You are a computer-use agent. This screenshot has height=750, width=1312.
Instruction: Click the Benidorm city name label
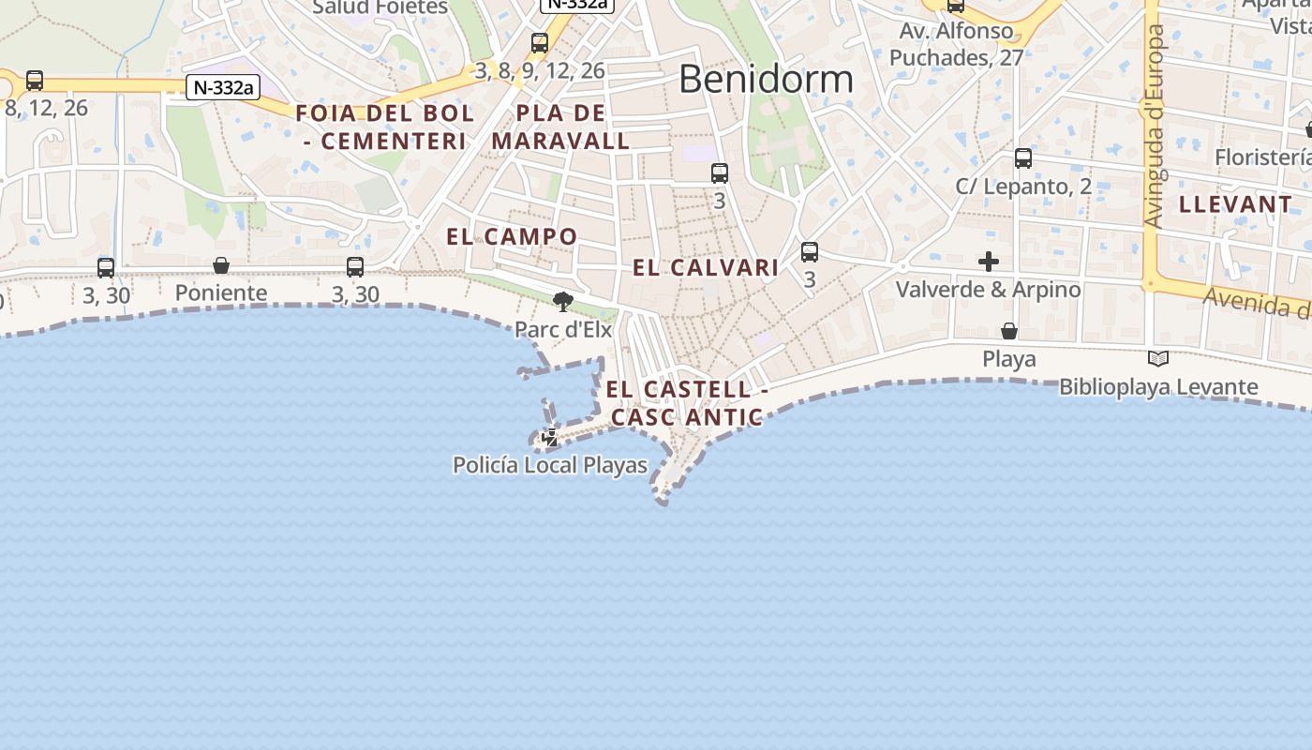point(766,79)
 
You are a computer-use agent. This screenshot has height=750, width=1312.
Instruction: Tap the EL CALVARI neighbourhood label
point(706,268)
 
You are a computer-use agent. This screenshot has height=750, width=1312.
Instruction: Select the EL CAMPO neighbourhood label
point(512,236)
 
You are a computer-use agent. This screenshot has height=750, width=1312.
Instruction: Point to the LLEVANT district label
point(1235,204)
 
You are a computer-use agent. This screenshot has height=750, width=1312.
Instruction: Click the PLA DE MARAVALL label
point(560,127)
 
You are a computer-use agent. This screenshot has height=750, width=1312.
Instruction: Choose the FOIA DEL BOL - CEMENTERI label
point(385,127)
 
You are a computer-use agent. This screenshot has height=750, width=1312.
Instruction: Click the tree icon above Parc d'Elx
point(563,302)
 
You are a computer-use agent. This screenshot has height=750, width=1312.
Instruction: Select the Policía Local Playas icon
point(550,437)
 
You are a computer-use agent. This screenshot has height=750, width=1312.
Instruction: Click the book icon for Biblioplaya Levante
point(1158,358)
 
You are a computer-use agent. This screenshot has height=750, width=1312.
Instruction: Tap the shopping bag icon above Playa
point(1009,331)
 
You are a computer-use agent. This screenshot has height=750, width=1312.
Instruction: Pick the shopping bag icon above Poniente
point(221,265)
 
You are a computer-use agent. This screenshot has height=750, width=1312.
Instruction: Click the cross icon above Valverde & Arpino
point(989,262)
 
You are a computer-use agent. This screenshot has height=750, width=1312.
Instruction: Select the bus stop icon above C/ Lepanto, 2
point(1023,158)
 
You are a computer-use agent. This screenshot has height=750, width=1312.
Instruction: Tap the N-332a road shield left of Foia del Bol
point(223,88)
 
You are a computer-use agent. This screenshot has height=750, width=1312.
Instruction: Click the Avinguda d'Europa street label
point(1155,126)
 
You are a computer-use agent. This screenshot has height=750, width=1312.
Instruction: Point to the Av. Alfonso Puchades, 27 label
point(956,44)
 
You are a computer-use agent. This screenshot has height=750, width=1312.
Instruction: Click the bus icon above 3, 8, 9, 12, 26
point(539,42)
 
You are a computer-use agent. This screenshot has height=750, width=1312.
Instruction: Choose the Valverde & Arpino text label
point(989,290)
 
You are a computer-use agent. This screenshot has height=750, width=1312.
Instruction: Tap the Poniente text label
point(221,293)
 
